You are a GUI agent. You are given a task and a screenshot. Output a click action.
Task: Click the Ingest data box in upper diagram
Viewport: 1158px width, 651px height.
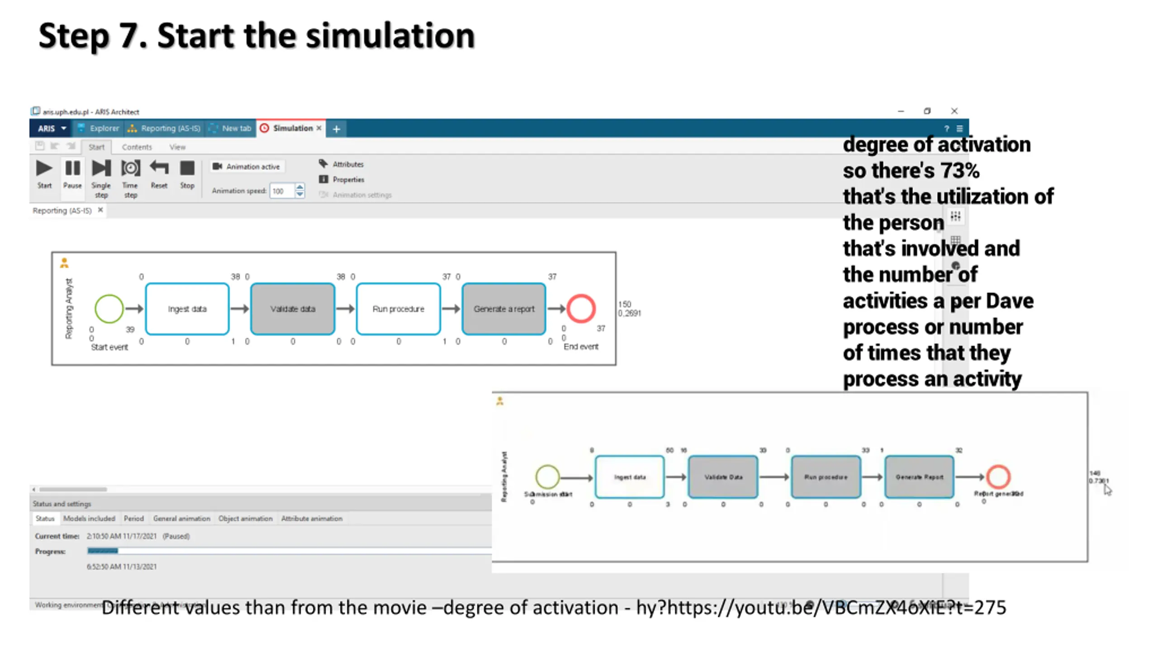tap(187, 309)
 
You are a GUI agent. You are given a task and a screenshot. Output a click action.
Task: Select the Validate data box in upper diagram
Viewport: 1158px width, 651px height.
tap(293, 309)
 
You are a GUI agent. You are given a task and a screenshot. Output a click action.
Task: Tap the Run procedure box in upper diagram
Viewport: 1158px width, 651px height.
tap(398, 309)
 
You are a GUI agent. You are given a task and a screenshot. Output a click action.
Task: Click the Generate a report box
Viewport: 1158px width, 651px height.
tap(504, 309)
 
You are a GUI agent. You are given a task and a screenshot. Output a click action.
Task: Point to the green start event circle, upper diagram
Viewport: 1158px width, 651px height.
tap(109, 309)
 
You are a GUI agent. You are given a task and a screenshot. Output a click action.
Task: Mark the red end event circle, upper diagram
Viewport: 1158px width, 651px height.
tap(581, 309)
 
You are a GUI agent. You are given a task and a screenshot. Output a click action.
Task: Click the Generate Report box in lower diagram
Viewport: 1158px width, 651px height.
tap(919, 477)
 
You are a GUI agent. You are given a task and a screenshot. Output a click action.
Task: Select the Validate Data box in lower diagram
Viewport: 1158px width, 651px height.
tap(723, 477)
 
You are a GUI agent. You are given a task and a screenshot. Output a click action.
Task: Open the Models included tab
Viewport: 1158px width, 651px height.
tap(89, 519)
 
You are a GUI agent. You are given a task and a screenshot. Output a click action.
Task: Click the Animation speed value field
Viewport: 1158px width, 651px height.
tap(282, 191)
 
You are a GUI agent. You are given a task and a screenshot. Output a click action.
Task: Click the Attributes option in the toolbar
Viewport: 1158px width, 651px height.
tap(347, 165)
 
